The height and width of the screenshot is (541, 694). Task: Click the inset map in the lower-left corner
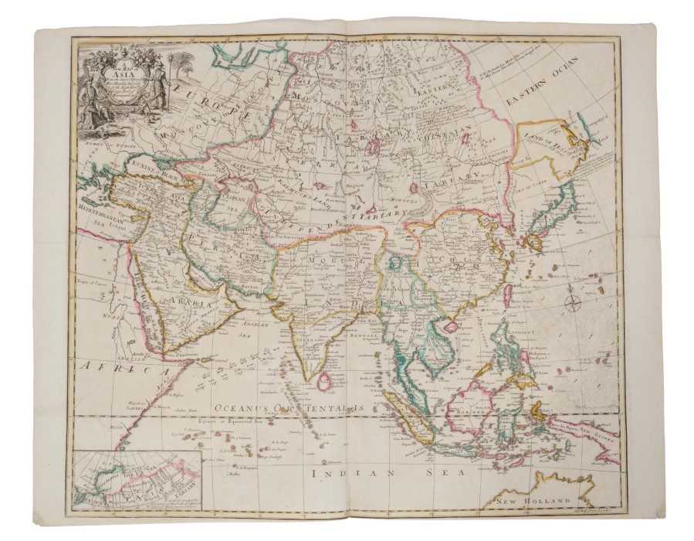pyautogui.click(x=137, y=481)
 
